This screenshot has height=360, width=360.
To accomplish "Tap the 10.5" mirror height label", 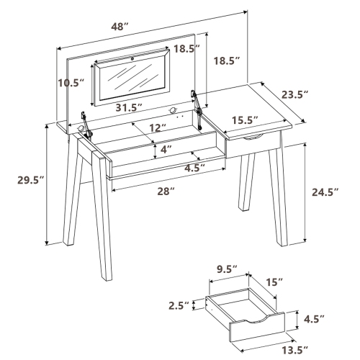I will pos(72,84).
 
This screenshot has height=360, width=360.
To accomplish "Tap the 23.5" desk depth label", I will pos(315,94).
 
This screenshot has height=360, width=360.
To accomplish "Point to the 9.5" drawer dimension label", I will pos(228,271).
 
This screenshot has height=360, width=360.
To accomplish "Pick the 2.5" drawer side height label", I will pos(180,305).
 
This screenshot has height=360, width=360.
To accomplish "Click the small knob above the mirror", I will pos(132,55).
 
